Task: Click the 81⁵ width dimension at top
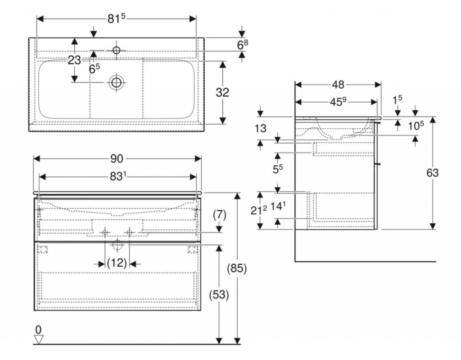(116, 19)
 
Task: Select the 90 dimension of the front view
(118, 158)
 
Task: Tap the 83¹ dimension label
(118, 177)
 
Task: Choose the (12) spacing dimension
(118, 263)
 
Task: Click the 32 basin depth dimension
(222, 92)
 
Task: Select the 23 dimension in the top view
(74, 60)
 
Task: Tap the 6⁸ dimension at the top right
(243, 45)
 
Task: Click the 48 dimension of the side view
(338, 84)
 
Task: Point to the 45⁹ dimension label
(338, 102)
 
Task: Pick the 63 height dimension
(432, 172)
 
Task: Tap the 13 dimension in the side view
(260, 128)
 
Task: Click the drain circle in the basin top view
(117, 82)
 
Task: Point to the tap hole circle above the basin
(116, 50)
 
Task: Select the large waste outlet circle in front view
(118, 245)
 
